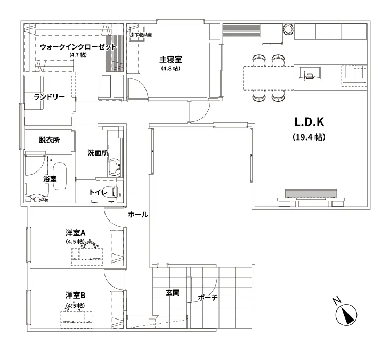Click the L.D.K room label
click(309, 121)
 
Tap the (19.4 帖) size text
click(309, 137)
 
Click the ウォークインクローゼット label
click(78, 47)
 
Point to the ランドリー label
click(49, 96)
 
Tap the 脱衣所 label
click(49, 140)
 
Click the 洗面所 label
click(98, 152)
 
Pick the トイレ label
click(99, 192)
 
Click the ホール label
click(139, 214)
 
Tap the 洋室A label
click(76, 233)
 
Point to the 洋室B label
click(76, 295)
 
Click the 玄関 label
click(172, 292)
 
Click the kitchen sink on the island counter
click(309, 73)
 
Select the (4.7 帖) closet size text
click(78, 55)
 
